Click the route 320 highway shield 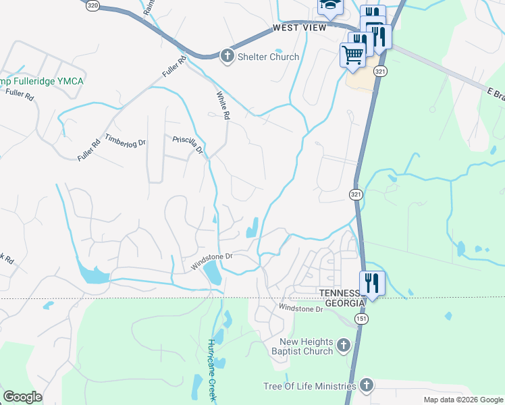coord(92,4)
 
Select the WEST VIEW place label coord(299,28)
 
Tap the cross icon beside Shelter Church coord(228,55)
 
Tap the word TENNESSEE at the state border coord(342,291)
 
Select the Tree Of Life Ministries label coord(309,386)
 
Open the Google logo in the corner coord(23,396)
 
